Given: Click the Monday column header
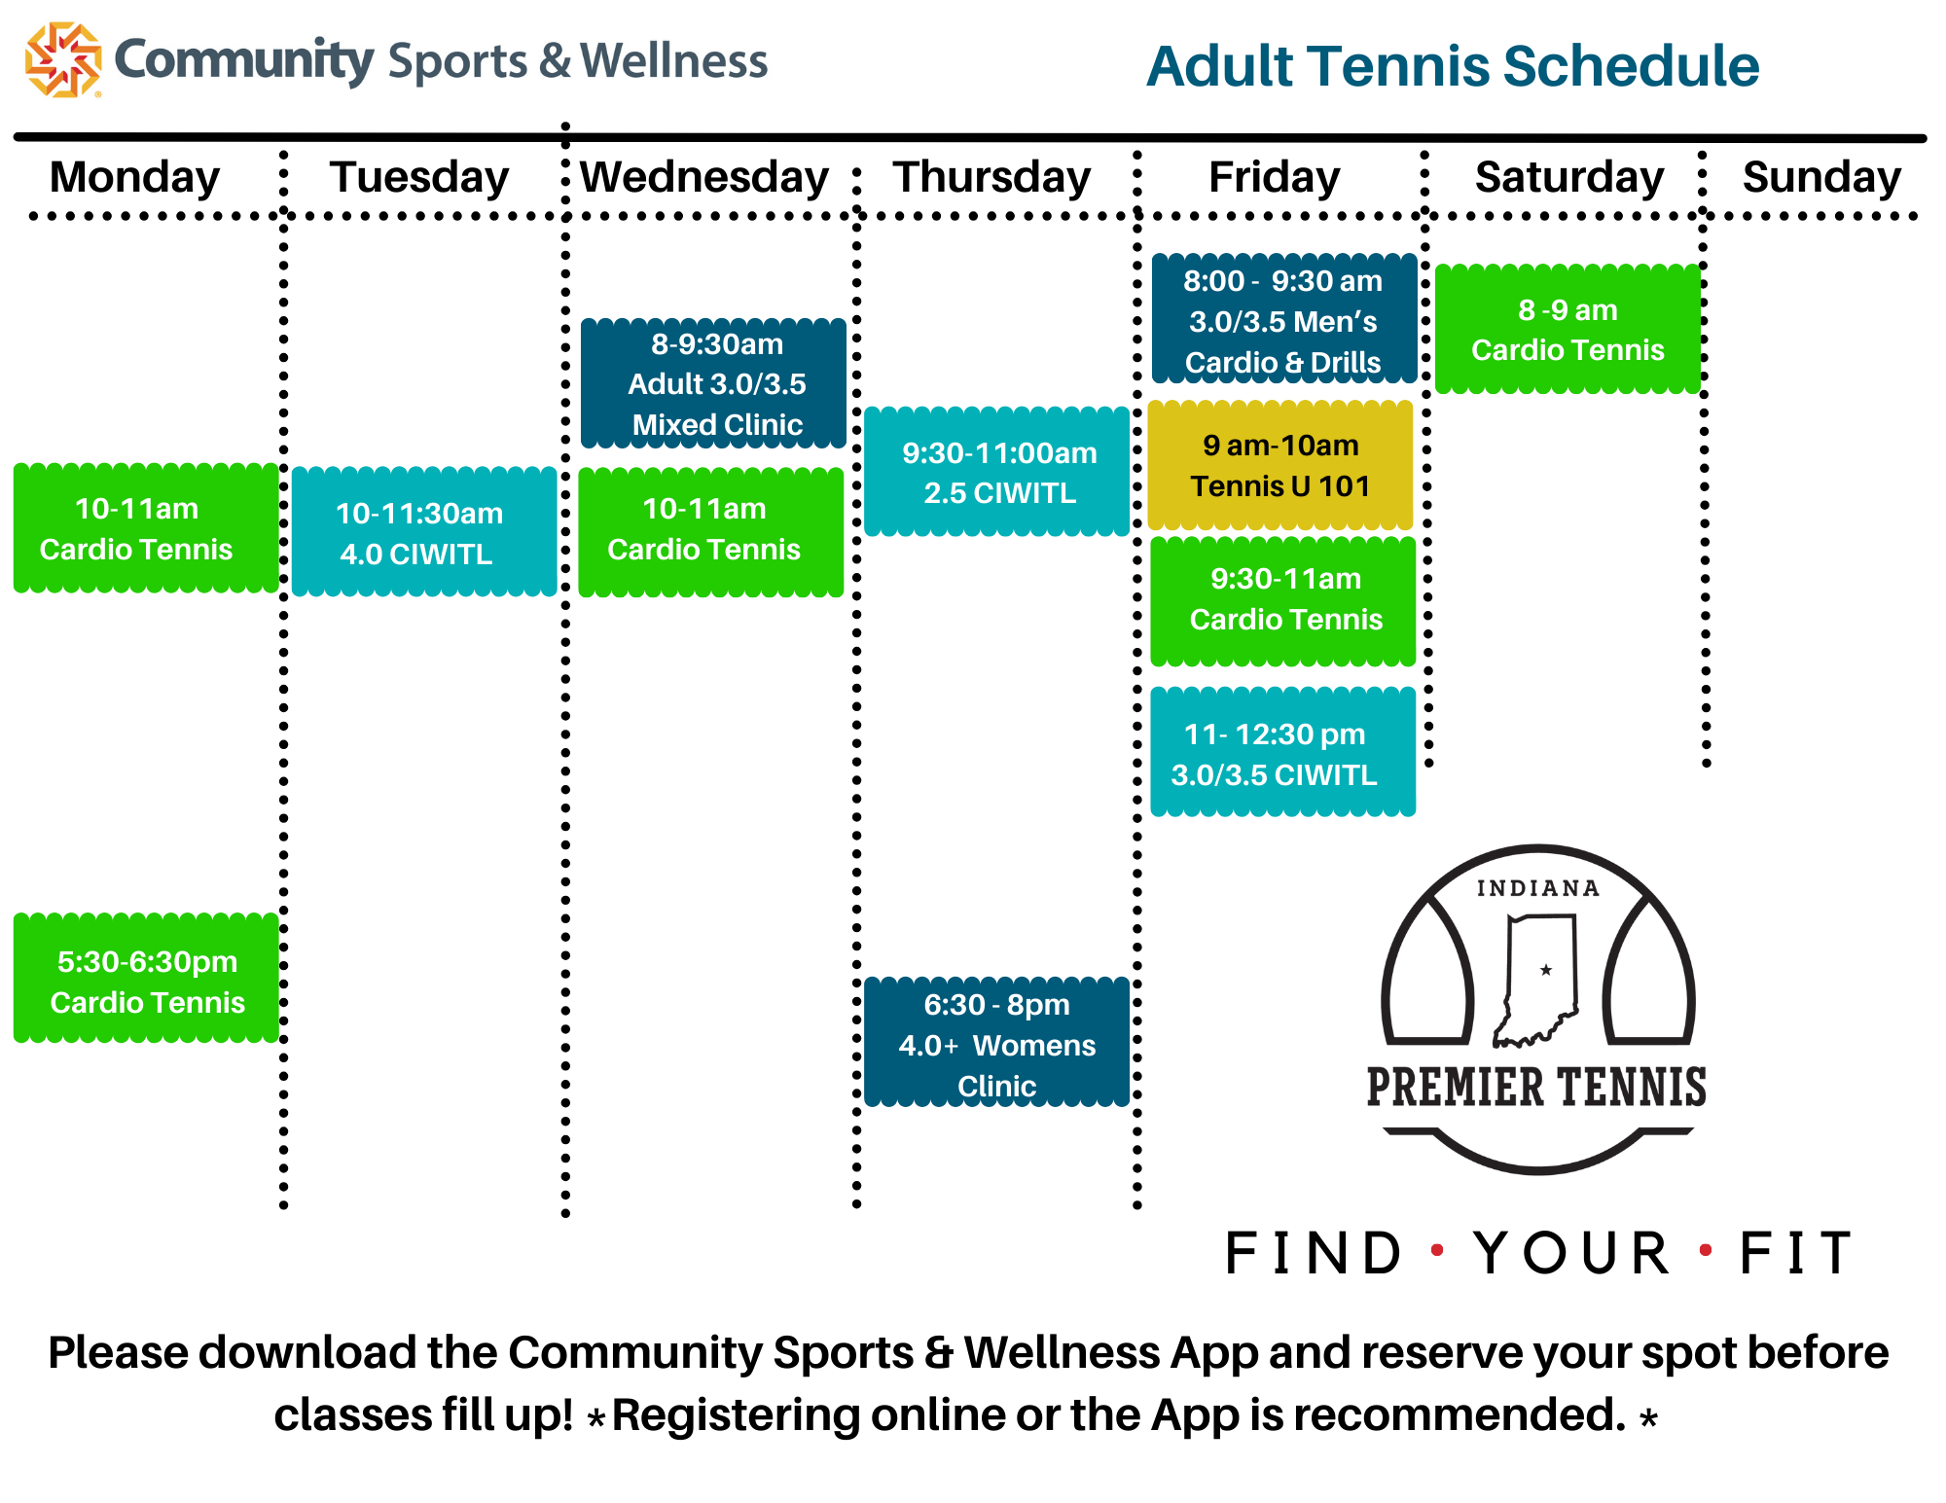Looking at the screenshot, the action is coord(135,177).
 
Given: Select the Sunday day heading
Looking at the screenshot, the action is coord(1821,177).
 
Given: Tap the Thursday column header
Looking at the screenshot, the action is coord(992,177).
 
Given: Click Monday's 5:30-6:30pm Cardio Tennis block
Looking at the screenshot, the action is coord(146,978).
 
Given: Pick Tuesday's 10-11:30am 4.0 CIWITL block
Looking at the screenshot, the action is coord(424,532).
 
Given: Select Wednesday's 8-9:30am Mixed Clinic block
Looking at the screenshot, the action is coord(713,383).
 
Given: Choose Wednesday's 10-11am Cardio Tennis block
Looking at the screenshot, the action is coord(711,532).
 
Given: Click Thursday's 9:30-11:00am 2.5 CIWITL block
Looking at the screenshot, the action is coord(997,472).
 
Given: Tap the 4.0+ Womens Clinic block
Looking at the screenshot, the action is coord(997,1042).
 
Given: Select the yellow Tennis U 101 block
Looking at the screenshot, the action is coord(1280,465).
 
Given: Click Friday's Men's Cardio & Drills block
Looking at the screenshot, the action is coord(1284,319).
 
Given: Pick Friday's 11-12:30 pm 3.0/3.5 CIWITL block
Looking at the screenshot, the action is coord(1283,752).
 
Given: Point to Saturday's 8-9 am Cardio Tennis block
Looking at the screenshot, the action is coord(1568,329).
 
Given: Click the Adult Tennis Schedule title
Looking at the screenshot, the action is coord(1453,66).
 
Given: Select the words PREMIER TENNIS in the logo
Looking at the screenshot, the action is coord(1536,1087).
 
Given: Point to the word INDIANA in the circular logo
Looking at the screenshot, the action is coord(1538,888).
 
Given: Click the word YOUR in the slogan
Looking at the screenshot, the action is coord(1572,1253).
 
